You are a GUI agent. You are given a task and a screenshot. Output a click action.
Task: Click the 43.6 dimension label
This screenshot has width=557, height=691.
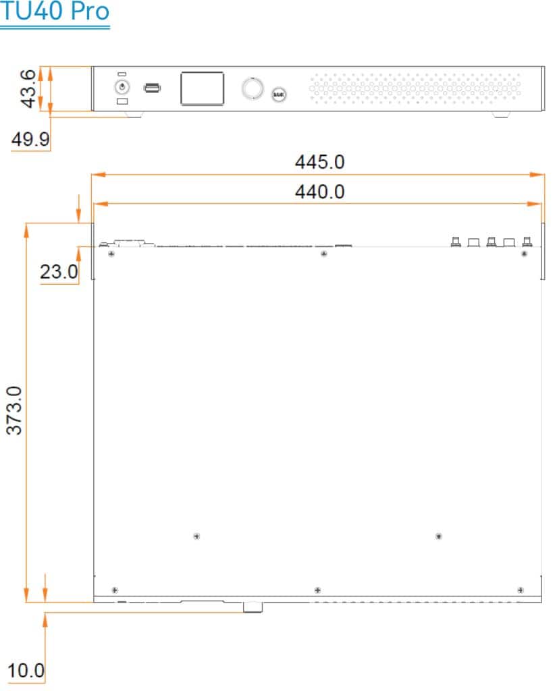28,88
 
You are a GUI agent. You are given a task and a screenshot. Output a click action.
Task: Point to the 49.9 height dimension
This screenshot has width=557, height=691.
30,139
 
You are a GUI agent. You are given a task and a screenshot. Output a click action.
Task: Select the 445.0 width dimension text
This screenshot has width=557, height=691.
320,162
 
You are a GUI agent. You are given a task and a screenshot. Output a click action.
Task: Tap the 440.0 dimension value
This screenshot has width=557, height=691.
320,192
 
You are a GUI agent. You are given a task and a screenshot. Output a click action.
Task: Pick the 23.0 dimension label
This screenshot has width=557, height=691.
59,272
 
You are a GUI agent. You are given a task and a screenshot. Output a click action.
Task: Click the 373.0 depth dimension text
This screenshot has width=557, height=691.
14,411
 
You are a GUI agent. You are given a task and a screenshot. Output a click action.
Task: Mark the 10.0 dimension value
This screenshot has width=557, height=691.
26,671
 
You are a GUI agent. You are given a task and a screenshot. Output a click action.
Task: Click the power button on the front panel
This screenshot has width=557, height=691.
122,87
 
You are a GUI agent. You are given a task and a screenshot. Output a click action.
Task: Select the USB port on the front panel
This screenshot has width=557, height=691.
152,88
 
